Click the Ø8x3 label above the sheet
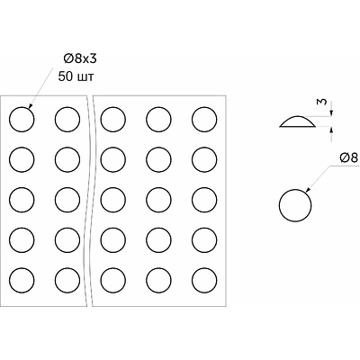point(80,58)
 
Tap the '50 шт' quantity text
point(76,76)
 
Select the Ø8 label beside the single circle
point(349,157)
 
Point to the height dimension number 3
point(321,102)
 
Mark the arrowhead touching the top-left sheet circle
point(30,105)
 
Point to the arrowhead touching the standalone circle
point(308,190)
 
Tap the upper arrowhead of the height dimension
point(331,112)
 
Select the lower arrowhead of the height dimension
point(331,130)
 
